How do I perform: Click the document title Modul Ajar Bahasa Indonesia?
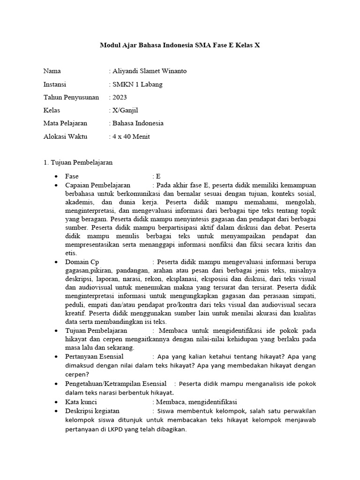click(180, 45)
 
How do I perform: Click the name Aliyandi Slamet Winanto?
click(149, 71)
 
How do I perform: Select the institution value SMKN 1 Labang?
click(137, 84)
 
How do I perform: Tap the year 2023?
click(119, 97)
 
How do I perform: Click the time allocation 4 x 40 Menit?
click(131, 137)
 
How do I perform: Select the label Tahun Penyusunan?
click(71, 97)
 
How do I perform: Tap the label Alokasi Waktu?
click(67, 137)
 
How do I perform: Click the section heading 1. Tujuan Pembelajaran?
click(78, 163)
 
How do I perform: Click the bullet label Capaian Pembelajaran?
click(97, 185)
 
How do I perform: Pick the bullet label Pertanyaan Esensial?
click(94, 357)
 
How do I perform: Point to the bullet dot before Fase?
click(56, 176)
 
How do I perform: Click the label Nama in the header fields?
click(52, 71)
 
